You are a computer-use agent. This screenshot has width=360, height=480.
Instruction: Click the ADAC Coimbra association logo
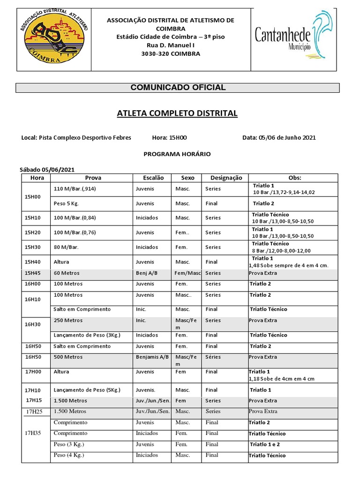coord(54,40)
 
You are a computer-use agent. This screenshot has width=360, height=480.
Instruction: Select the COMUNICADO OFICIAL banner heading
coord(178,88)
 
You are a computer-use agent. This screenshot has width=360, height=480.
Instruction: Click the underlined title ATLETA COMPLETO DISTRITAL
coord(177,113)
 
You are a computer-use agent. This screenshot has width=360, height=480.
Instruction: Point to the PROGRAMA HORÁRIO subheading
coord(177,154)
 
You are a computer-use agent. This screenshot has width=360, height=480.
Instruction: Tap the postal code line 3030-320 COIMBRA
coord(171,54)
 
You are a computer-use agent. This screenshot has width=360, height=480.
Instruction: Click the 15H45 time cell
coord(33,273)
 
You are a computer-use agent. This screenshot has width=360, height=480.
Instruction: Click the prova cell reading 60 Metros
coord(67,273)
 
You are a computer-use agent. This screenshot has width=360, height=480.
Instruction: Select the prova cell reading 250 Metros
coord(68,321)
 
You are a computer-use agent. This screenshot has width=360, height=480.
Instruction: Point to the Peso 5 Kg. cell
coord(67,203)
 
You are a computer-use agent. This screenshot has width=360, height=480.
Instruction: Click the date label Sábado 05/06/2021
coord(47,170)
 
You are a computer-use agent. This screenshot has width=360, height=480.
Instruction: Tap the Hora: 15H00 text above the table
coord(169,138)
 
